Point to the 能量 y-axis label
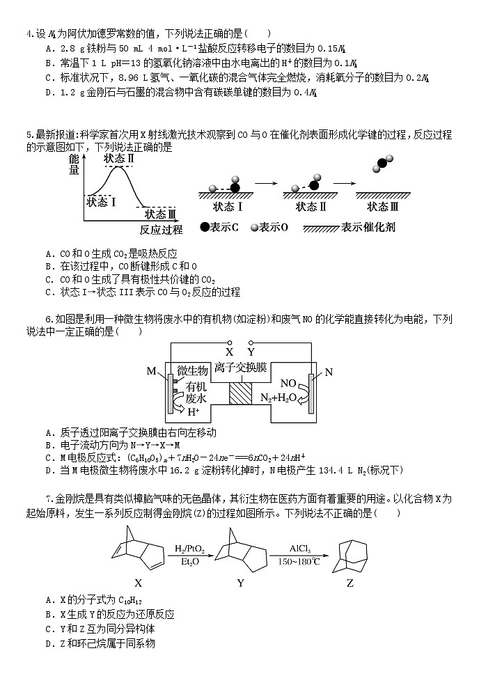(74, 165)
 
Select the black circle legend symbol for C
(204, 227)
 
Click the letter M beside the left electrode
(151, 372)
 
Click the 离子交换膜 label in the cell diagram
(240, 367)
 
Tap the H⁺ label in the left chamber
(193, 411)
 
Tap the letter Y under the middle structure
(240, 583)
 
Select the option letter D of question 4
(48, 92)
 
